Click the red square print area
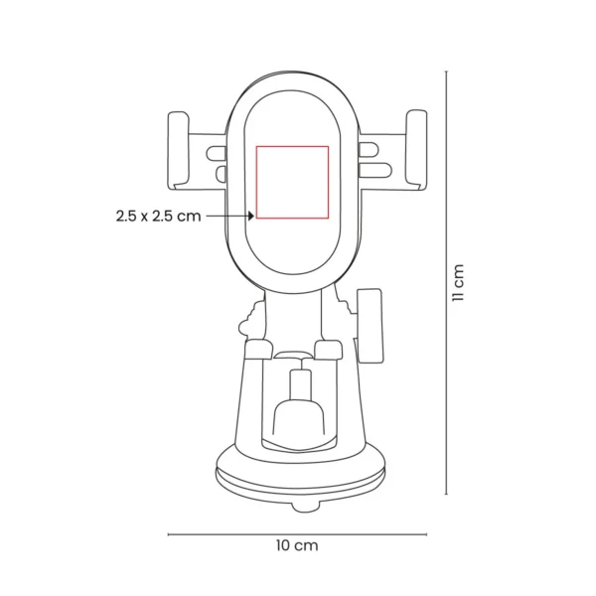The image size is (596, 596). click(293, 181)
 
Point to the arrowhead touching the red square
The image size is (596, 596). click(252, 215)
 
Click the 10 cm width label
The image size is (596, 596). click(297, 545)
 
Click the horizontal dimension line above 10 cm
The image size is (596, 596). click(297, 533)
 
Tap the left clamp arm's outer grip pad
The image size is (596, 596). click(179, 150)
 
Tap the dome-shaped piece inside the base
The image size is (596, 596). click(297, 418)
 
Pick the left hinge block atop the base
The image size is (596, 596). click(257, 349)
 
